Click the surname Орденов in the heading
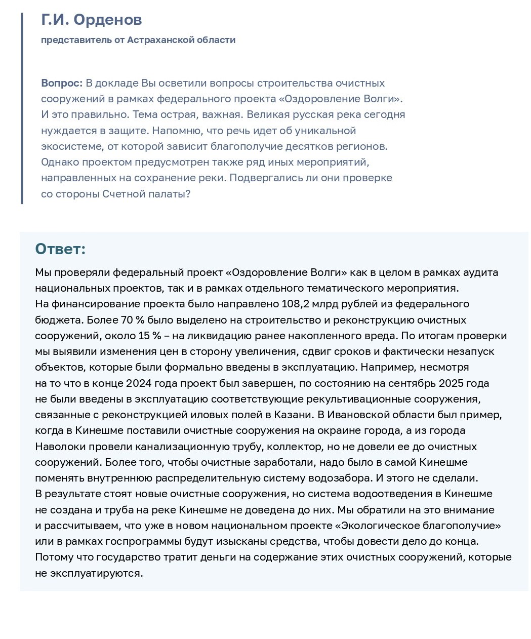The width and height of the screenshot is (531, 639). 107,20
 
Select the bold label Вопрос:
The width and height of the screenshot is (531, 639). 62,83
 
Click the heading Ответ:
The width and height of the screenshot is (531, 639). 60,249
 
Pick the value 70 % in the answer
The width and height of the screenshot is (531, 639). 130,320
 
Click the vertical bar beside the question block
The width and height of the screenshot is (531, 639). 22,108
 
